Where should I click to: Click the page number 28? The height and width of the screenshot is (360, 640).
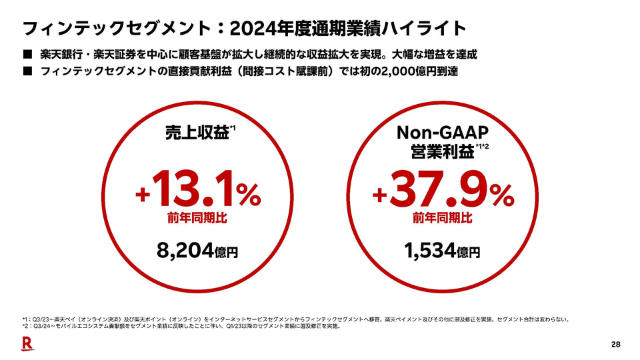[x=615, y=344]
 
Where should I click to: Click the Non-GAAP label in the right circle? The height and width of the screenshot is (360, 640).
[x=443, y=132]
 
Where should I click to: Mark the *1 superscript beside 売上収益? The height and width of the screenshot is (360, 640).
[x=233, y=127]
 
